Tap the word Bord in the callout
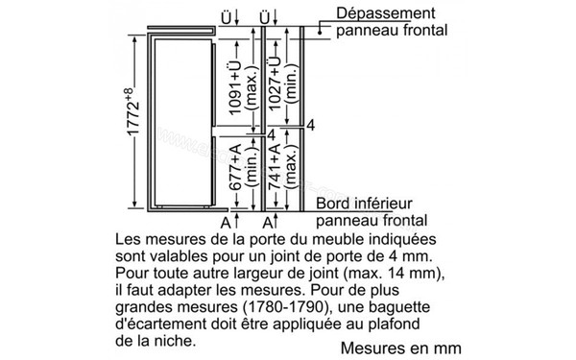point(334,204)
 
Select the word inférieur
point(383,204)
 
